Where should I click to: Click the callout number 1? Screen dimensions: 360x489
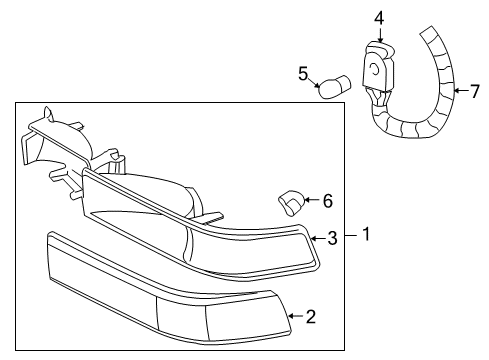coord(366,236)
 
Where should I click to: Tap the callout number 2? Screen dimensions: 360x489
coord(310,317)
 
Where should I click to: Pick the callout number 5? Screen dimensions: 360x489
coord(304,73)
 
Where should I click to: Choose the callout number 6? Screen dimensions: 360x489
coord(326,201)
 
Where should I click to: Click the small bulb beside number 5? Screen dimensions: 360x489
coord(332,86)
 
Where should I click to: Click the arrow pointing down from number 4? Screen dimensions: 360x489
coord(379,34)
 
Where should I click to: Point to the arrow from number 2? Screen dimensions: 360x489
coord(294,317)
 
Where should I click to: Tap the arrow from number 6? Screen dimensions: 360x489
coord(310,201)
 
